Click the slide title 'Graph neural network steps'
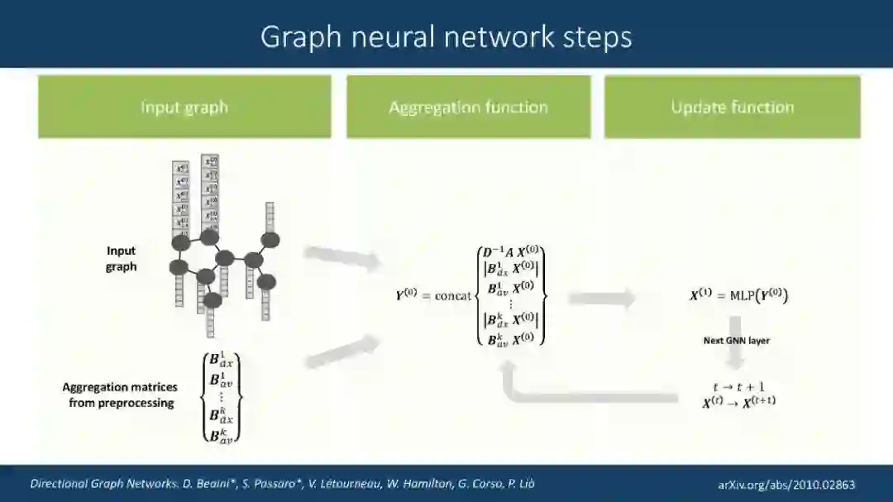click(x=446, y=36)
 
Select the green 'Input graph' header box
click(x=184, y=107)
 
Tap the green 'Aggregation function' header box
click(x=468, y=107)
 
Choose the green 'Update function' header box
click(x=732, y=107)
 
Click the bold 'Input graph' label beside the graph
click(x=121, y=258)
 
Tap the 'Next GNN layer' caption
click(x=736, y=340)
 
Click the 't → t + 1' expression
click(x=739, y=387)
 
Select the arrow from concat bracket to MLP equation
click(x=602, y=299)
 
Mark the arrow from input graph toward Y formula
click(x=341, y=258)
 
